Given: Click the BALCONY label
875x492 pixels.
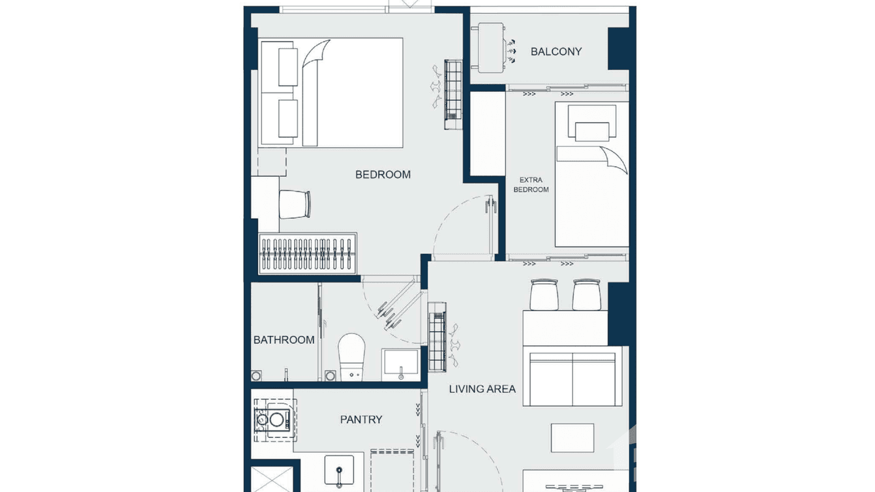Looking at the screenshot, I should point(556,52).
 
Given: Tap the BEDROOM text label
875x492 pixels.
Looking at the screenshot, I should point(383,174).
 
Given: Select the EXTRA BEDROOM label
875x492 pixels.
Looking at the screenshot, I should point(531,185).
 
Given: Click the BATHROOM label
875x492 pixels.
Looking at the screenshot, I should point(284,340).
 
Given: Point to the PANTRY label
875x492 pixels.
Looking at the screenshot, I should point(361,420).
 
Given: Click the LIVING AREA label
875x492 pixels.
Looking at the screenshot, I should point(482,389).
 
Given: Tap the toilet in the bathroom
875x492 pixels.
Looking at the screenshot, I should point(351,356).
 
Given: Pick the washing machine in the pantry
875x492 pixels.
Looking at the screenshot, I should point(274,420).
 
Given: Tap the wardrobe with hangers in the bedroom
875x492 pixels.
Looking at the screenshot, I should point(308,254).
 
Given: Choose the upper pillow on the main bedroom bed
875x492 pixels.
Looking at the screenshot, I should point(288,67).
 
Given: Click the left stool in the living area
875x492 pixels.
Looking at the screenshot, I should point(544,296).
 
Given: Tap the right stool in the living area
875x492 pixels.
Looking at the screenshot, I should point(586,296).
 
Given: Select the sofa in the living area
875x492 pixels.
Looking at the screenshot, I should point(572,378).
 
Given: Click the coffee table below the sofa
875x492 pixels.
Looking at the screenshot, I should point(572,438).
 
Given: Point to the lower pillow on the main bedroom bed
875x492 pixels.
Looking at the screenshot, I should point(288,118).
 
